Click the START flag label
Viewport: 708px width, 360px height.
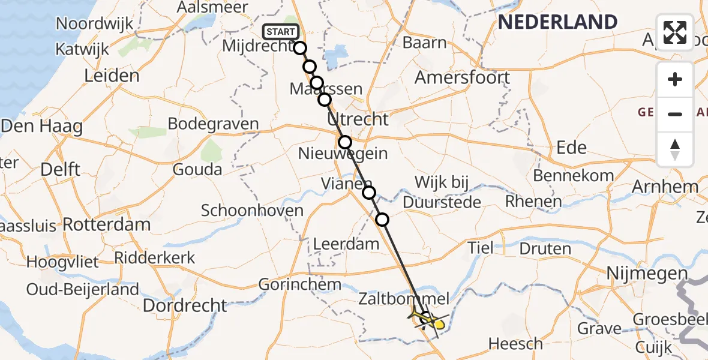click(280, 32)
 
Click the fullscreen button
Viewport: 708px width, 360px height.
click(675, 32)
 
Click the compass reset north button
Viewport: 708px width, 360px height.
click(675, 149)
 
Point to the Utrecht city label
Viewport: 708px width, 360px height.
click(358, 119)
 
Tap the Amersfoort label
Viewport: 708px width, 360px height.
click(462, 77)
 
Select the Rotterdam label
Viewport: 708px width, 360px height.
click(107, 225)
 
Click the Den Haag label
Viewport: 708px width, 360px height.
click(41, 127)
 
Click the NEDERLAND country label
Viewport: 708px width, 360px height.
click(557, 22)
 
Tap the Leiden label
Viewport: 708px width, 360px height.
click(112, 76)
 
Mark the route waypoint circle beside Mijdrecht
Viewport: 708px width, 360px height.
click(300, 48)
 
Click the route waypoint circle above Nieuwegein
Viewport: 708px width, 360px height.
click(345, 142)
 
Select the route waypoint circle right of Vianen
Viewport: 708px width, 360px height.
click(369, 193)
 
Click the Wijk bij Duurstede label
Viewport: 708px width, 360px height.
click(443, 192)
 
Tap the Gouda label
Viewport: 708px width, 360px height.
click(197, 169)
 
